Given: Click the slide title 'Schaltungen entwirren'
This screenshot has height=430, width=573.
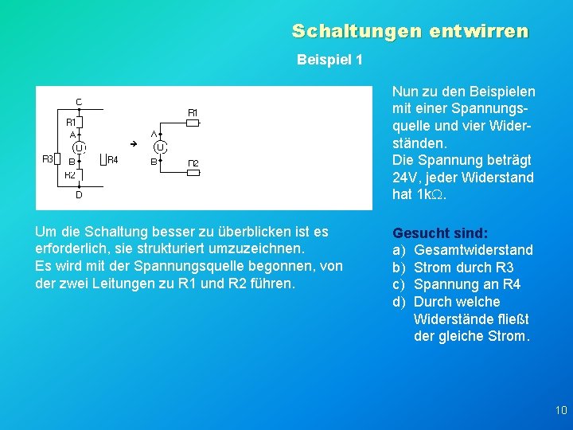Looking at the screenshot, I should coord(410,31).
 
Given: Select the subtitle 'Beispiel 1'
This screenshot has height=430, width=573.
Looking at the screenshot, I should coord(329,60).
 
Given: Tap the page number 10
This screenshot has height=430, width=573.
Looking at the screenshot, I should coord(560,411).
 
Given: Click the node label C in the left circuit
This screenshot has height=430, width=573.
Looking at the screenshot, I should coord(79,101).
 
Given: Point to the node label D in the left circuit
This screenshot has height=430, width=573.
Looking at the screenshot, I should coord(79,194).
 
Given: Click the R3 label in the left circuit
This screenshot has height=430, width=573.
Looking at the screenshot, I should coord(48,159).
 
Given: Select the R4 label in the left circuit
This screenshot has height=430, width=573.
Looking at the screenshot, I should coord(112,160).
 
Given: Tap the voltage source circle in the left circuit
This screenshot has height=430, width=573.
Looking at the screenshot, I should coord(79,147).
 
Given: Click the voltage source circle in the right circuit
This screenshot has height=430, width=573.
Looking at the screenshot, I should coord(160,147).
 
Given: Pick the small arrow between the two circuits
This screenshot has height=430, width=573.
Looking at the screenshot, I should coord(134,143).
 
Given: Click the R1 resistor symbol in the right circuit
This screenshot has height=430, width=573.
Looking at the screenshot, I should coord(192,123).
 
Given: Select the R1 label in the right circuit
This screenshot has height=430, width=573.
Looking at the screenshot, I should coord(193,112).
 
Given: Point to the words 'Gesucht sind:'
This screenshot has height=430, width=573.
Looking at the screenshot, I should coord(440,233).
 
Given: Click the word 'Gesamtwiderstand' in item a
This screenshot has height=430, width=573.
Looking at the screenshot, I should coord(474,251).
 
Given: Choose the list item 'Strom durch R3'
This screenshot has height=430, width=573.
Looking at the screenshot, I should coord(464,268).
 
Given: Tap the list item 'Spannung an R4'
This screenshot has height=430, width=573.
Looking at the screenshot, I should coord(467,285).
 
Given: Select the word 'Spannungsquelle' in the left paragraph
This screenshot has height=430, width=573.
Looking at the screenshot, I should coord(265,267).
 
